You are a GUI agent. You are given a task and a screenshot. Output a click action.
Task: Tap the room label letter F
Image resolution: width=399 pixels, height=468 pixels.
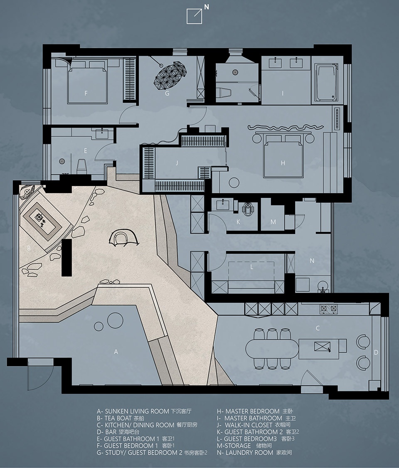(x=86, y=94)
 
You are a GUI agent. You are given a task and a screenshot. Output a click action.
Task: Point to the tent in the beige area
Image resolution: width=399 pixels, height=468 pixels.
(x=123, y=238)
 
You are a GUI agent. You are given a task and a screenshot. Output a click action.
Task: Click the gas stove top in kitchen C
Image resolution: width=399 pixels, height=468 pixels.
(x=329, y=309)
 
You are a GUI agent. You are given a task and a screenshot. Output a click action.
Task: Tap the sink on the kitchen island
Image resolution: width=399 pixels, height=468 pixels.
(x=322, y=347)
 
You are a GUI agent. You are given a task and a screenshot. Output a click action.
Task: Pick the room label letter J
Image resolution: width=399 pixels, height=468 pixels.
(x=177, y=163)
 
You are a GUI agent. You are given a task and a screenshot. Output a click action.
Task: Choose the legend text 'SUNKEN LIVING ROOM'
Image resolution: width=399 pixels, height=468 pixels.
(x=137, y=411)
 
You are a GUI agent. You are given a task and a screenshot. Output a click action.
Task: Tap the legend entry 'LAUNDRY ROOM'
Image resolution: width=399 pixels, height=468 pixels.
(x=249, y=453)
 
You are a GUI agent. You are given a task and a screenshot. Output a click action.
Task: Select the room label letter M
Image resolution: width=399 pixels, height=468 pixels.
(x=273, y=222)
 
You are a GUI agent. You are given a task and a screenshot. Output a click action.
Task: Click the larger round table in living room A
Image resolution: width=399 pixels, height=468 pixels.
(x=115, y=320)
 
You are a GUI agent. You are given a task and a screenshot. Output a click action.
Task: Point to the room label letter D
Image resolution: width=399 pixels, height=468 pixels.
(x=376, y=352)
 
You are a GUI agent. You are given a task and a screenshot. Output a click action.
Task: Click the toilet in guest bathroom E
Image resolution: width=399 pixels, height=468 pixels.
(x=81, y=166)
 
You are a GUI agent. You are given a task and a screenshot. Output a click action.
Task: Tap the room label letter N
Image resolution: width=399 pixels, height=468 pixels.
(x=312, y=261)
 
